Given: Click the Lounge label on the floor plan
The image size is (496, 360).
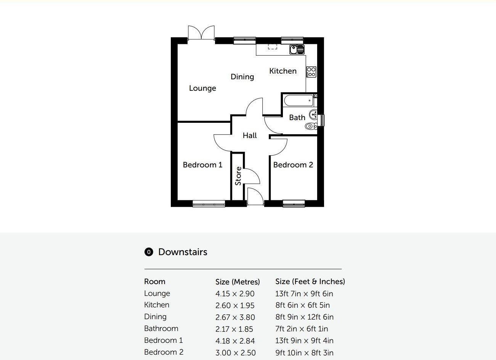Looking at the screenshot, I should click(x=202, y=88).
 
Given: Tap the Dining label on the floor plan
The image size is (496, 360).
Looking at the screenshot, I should click(x=242, y=77).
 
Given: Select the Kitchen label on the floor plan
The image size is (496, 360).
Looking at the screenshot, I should click(x=283, y=71).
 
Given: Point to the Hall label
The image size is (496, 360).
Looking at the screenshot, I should click(x=250, y=135).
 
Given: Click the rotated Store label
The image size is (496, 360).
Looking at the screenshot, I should click(x=238, y=176).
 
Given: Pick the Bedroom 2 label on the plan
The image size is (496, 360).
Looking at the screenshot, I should click(x=293, y=165).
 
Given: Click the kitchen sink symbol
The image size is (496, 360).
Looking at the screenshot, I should click(x=297, y=49).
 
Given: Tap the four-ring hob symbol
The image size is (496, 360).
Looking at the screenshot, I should click(x=311, y=72).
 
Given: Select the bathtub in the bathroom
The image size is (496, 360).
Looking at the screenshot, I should click(x=299, y=101).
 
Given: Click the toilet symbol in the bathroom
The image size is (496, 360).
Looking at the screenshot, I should click(x=311, y=126).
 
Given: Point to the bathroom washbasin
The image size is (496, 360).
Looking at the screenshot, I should click(x=313, y=114).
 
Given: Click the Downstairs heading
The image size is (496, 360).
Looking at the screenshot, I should click(x=183, y=252).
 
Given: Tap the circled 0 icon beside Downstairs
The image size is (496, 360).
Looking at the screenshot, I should click(x=149, y=252).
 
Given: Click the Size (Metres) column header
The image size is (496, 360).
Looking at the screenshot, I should click(x=238, y=282).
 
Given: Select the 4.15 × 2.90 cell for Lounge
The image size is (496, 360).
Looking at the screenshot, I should click(x=235, y=294).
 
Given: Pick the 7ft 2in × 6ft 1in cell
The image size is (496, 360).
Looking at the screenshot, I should click(x=302, y=329).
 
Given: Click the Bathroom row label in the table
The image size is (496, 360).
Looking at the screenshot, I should click(x=161, y=329).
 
